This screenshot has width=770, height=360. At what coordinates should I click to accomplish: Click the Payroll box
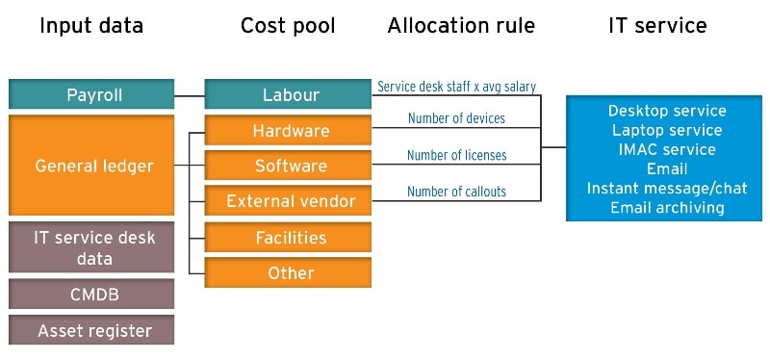[x=92, y=95]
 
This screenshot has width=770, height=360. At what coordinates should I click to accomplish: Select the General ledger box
[x=92, y=166]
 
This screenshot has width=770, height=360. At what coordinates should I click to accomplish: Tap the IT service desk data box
[x=92, y=247]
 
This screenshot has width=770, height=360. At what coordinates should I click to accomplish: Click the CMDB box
[x=92, y=294]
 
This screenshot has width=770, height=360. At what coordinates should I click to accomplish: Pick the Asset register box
[x=92, y=330]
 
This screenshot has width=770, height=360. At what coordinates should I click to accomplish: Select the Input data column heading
[x=91, y=26]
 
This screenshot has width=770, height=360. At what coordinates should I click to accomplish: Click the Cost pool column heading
[x=288, y=26]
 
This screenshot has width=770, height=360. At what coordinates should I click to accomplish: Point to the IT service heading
[x=657, y=26]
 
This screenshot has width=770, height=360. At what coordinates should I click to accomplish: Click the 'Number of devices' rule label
[x=456, y=119]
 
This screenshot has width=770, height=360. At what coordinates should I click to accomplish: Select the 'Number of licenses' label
[x=456, y=155]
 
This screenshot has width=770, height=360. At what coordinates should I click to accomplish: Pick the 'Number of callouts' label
[x=456, y=192]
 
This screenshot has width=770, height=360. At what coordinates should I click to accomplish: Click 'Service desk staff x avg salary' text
[x=456, y=87]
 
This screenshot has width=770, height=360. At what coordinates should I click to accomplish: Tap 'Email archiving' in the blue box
[x=667, y=207]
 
